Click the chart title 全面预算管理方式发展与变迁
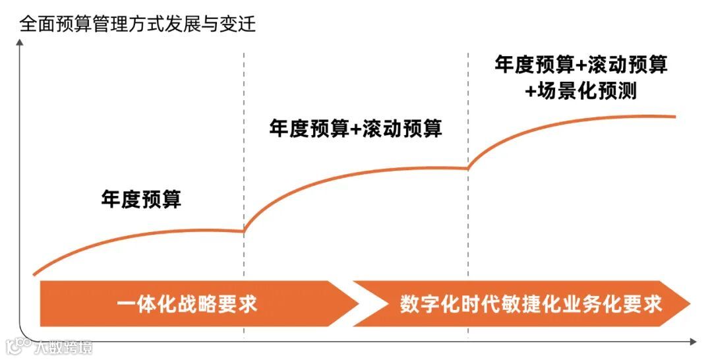click(x=137, y=25)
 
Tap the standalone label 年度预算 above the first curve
click(x=141, y=199)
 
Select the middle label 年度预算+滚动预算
click(x=355, y=128)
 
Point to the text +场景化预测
click(x=581, y=90)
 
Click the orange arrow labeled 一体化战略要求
click(x=191, y=304)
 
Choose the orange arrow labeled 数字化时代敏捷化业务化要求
click(x=521, y=304)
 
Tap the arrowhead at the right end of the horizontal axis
click(x=692, y=342)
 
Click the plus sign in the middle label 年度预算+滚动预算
click(x=356, y=129)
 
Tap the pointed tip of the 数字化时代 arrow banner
click(x=688, y=304)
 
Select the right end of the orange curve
click(x=675, y=117)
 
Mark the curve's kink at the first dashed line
click(x=244, y=231)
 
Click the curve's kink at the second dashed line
click(x=468, y=169)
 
